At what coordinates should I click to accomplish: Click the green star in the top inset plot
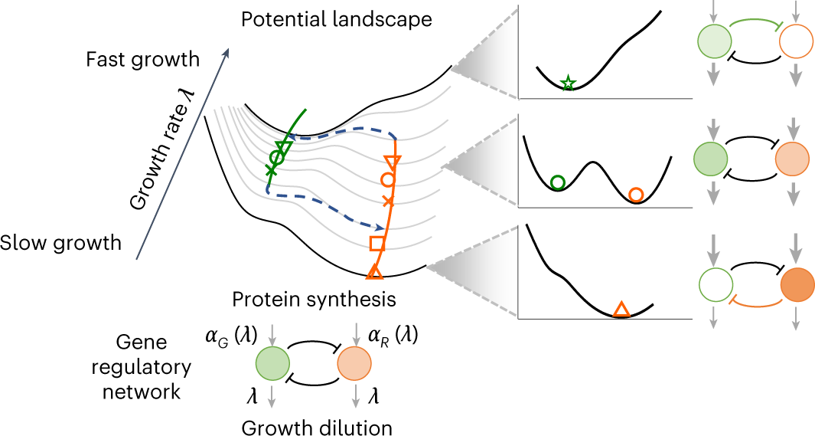pyautogui.click(x=568, y=84)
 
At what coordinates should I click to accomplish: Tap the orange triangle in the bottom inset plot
pyautogui.click(x=621, y=310)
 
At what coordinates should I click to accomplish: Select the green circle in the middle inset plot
pyautogui.click(x=558, y=182)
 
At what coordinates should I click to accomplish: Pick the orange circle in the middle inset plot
pyautogui.click(x=635, y=195)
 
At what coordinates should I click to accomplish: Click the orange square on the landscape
pyautogui.click(x=377, y=244)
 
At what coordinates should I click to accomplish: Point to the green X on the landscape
pyautogui.click(x=269, y=169)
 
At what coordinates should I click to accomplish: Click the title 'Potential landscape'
pyautogui.click(x=337, y=18)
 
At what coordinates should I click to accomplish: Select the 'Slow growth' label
pyautogui.click(x=60, y=243)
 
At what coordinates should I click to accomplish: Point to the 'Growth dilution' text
pyautogui.click(x=318, y=428)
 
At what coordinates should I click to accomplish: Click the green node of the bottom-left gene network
pyautogui.click(x=272, y=363)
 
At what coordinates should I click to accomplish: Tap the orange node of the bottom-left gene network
pyautogui.click(x=354, y=363)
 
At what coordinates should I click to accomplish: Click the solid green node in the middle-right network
pyautogui.click(x=711, y=159)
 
